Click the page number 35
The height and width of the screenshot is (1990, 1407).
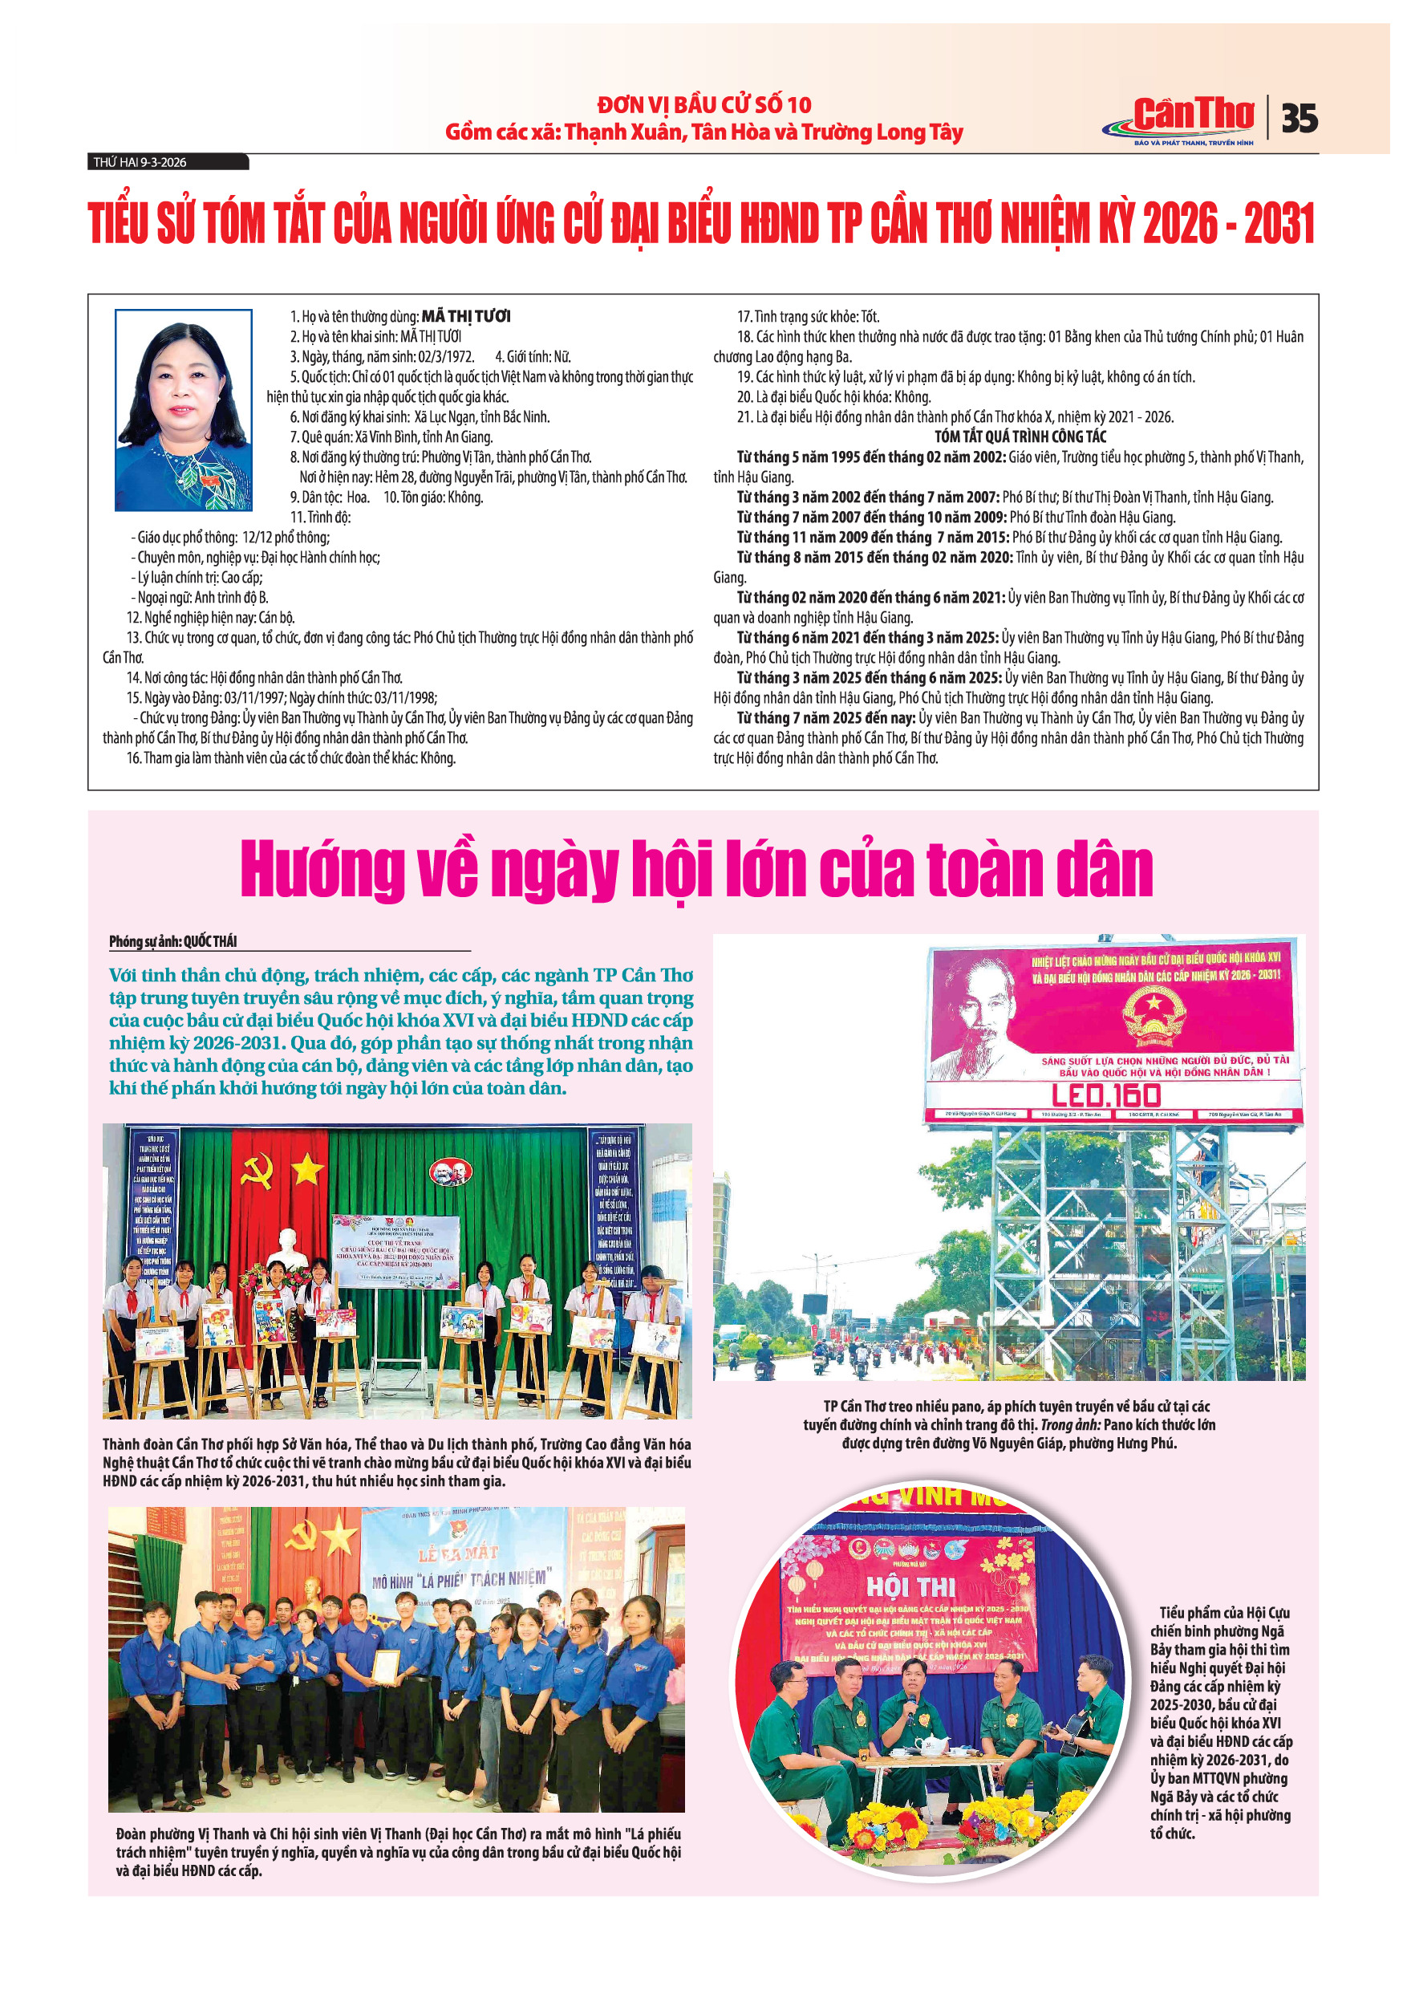point(1300,118)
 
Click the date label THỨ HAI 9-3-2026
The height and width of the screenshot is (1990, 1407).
point(140,162)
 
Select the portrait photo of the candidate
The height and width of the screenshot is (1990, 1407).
point(184,409)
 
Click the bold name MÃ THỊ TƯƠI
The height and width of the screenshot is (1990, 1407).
point(466,316)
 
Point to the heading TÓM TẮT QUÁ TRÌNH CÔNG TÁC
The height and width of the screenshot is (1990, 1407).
point(1020,437)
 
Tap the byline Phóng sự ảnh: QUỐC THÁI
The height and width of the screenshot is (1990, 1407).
point(173,941)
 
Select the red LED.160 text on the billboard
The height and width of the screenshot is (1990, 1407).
point(1106,1095)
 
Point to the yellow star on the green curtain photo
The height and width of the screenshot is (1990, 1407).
point(306,1170)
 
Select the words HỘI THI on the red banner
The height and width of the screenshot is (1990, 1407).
point(910,1587)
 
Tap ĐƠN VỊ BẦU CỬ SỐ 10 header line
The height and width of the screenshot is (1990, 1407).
point(703,105)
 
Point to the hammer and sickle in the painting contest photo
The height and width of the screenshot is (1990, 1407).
point(257,1171)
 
